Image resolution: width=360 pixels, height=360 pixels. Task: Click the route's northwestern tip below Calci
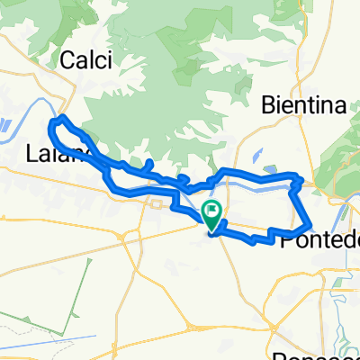point(58,119)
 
